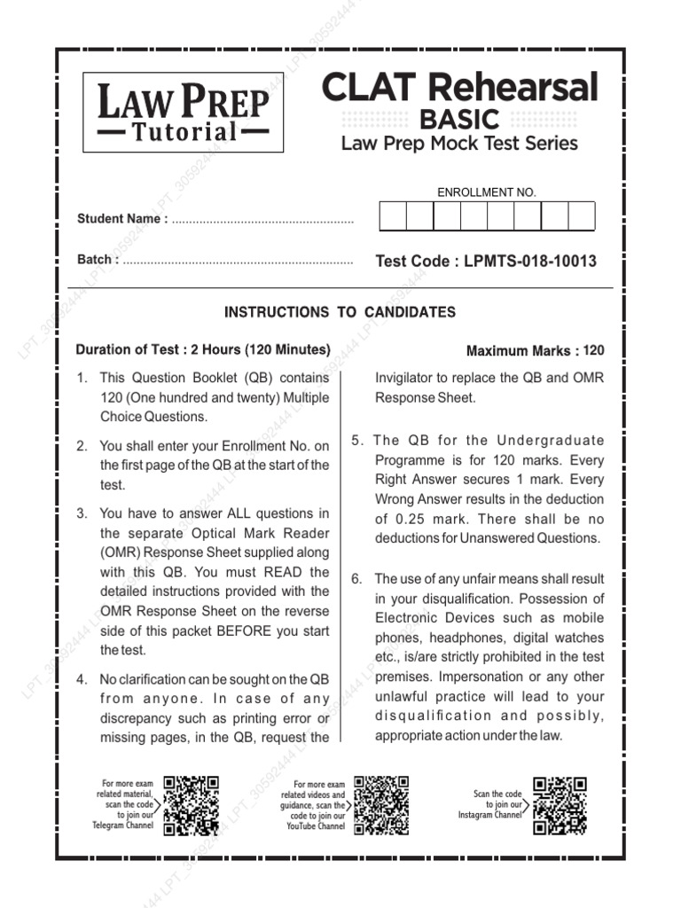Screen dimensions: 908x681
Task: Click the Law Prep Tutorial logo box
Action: click(184, 113)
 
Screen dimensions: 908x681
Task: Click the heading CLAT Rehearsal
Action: click(459, 88)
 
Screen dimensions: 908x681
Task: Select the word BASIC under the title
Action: click(459, 119)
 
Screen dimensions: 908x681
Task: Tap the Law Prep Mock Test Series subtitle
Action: click(459, 143)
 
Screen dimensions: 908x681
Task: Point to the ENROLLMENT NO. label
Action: click(487, 192)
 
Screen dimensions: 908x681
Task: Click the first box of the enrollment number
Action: click(393, 216)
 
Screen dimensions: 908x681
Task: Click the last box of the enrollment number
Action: click(582, 216)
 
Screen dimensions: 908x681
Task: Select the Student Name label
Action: click(120, 219)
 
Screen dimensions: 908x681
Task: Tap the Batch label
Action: click(98, 260)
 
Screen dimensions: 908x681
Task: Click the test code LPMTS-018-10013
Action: click(529, 262)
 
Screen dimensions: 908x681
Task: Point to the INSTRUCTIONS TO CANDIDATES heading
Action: click(340, 312)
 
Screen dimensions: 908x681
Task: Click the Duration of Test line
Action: click(203, 349)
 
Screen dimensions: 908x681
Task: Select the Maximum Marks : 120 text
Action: click(535, 351)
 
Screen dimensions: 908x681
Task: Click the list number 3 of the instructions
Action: click(82, 513)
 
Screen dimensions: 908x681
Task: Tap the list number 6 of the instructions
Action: click(356, 579)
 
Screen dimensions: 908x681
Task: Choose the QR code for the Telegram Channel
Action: click(191, 806)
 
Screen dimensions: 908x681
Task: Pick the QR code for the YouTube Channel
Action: click(381, 806)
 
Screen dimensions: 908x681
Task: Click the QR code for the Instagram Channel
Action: click(560, 806)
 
